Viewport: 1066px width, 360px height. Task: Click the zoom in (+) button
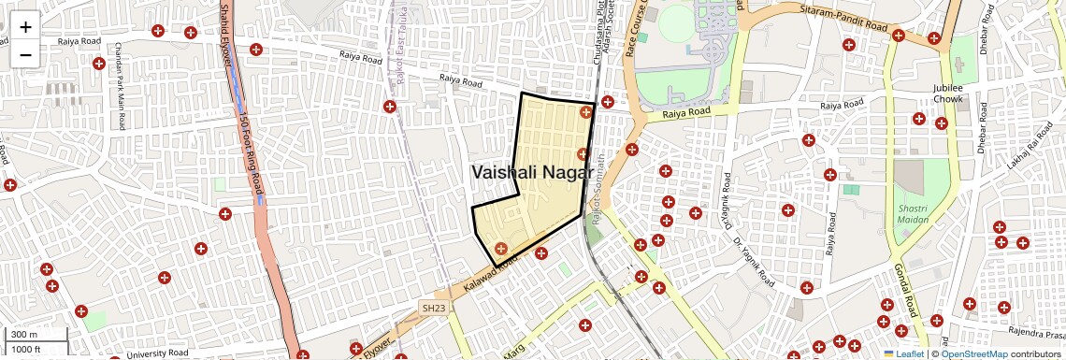click(x=25, y=26)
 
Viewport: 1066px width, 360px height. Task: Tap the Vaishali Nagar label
click(x=532, y=172)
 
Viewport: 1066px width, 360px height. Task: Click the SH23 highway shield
click(x=433, y=308)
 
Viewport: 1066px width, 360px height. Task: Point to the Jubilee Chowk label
click(x=947, y=93)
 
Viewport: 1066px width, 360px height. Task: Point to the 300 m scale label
click(x=24, y=335)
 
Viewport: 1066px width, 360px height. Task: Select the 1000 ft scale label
click(x=26, y=349)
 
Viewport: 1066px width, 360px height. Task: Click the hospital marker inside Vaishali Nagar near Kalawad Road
click(x=501, y=249)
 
